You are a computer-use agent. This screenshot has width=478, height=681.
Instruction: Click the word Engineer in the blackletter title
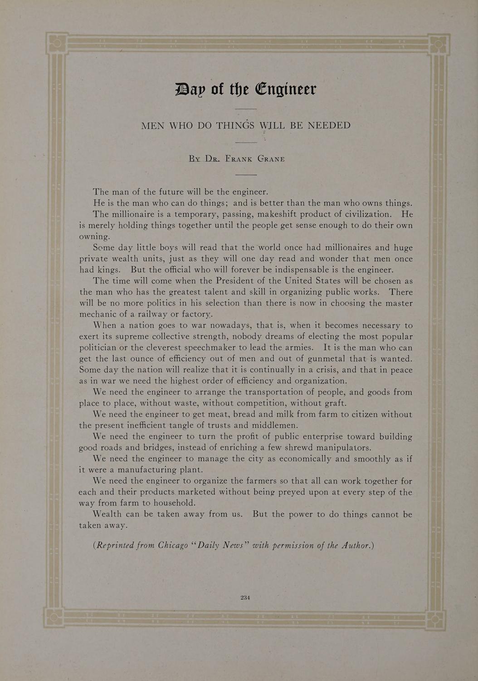tap(286, 89)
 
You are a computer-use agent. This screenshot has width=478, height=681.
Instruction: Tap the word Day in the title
tap(190, 89)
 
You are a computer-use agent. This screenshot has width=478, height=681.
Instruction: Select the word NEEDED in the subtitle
tap(329, 125)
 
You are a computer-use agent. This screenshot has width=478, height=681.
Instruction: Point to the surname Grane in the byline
tap(271, 159)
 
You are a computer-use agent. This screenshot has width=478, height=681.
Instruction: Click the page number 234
tap(245, 597)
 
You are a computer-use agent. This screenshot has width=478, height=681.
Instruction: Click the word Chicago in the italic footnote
tap(173, 545)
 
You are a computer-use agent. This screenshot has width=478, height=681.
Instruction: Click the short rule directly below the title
tap(246, 109)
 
